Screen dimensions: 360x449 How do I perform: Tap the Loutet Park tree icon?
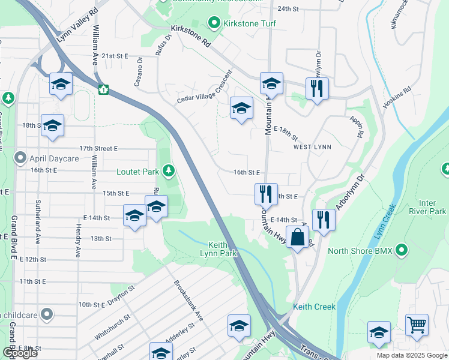169,172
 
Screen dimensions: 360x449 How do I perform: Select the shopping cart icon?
417,325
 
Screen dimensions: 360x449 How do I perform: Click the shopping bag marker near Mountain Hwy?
298,237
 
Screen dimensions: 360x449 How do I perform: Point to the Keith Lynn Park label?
223,249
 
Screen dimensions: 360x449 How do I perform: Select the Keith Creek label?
315,307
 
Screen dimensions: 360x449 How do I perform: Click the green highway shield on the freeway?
103,90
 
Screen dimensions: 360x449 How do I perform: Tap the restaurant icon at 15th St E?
265,193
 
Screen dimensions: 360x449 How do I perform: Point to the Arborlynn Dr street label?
349,192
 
